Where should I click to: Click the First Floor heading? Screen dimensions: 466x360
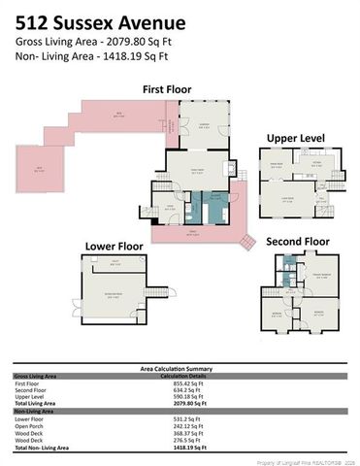[x=167, y=89]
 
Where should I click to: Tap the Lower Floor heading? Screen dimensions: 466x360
[x=115, y=246]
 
